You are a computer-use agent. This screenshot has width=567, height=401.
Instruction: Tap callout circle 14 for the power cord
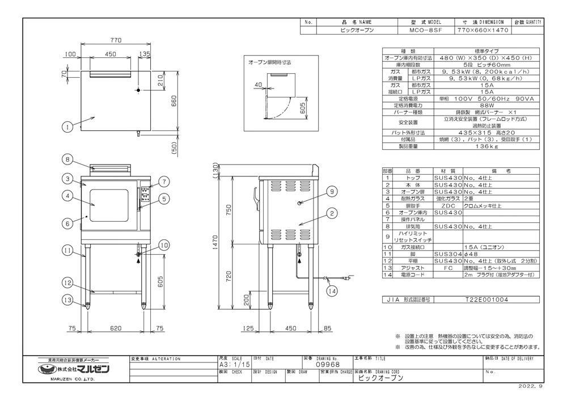[332, 292]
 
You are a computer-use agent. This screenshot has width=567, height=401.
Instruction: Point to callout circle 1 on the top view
[68, 128]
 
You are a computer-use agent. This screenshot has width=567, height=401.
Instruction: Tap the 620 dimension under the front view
[115, 328]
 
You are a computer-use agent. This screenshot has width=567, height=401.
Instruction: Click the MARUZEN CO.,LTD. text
[69, 379]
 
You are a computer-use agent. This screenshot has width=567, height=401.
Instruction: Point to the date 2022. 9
[530, 385]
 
